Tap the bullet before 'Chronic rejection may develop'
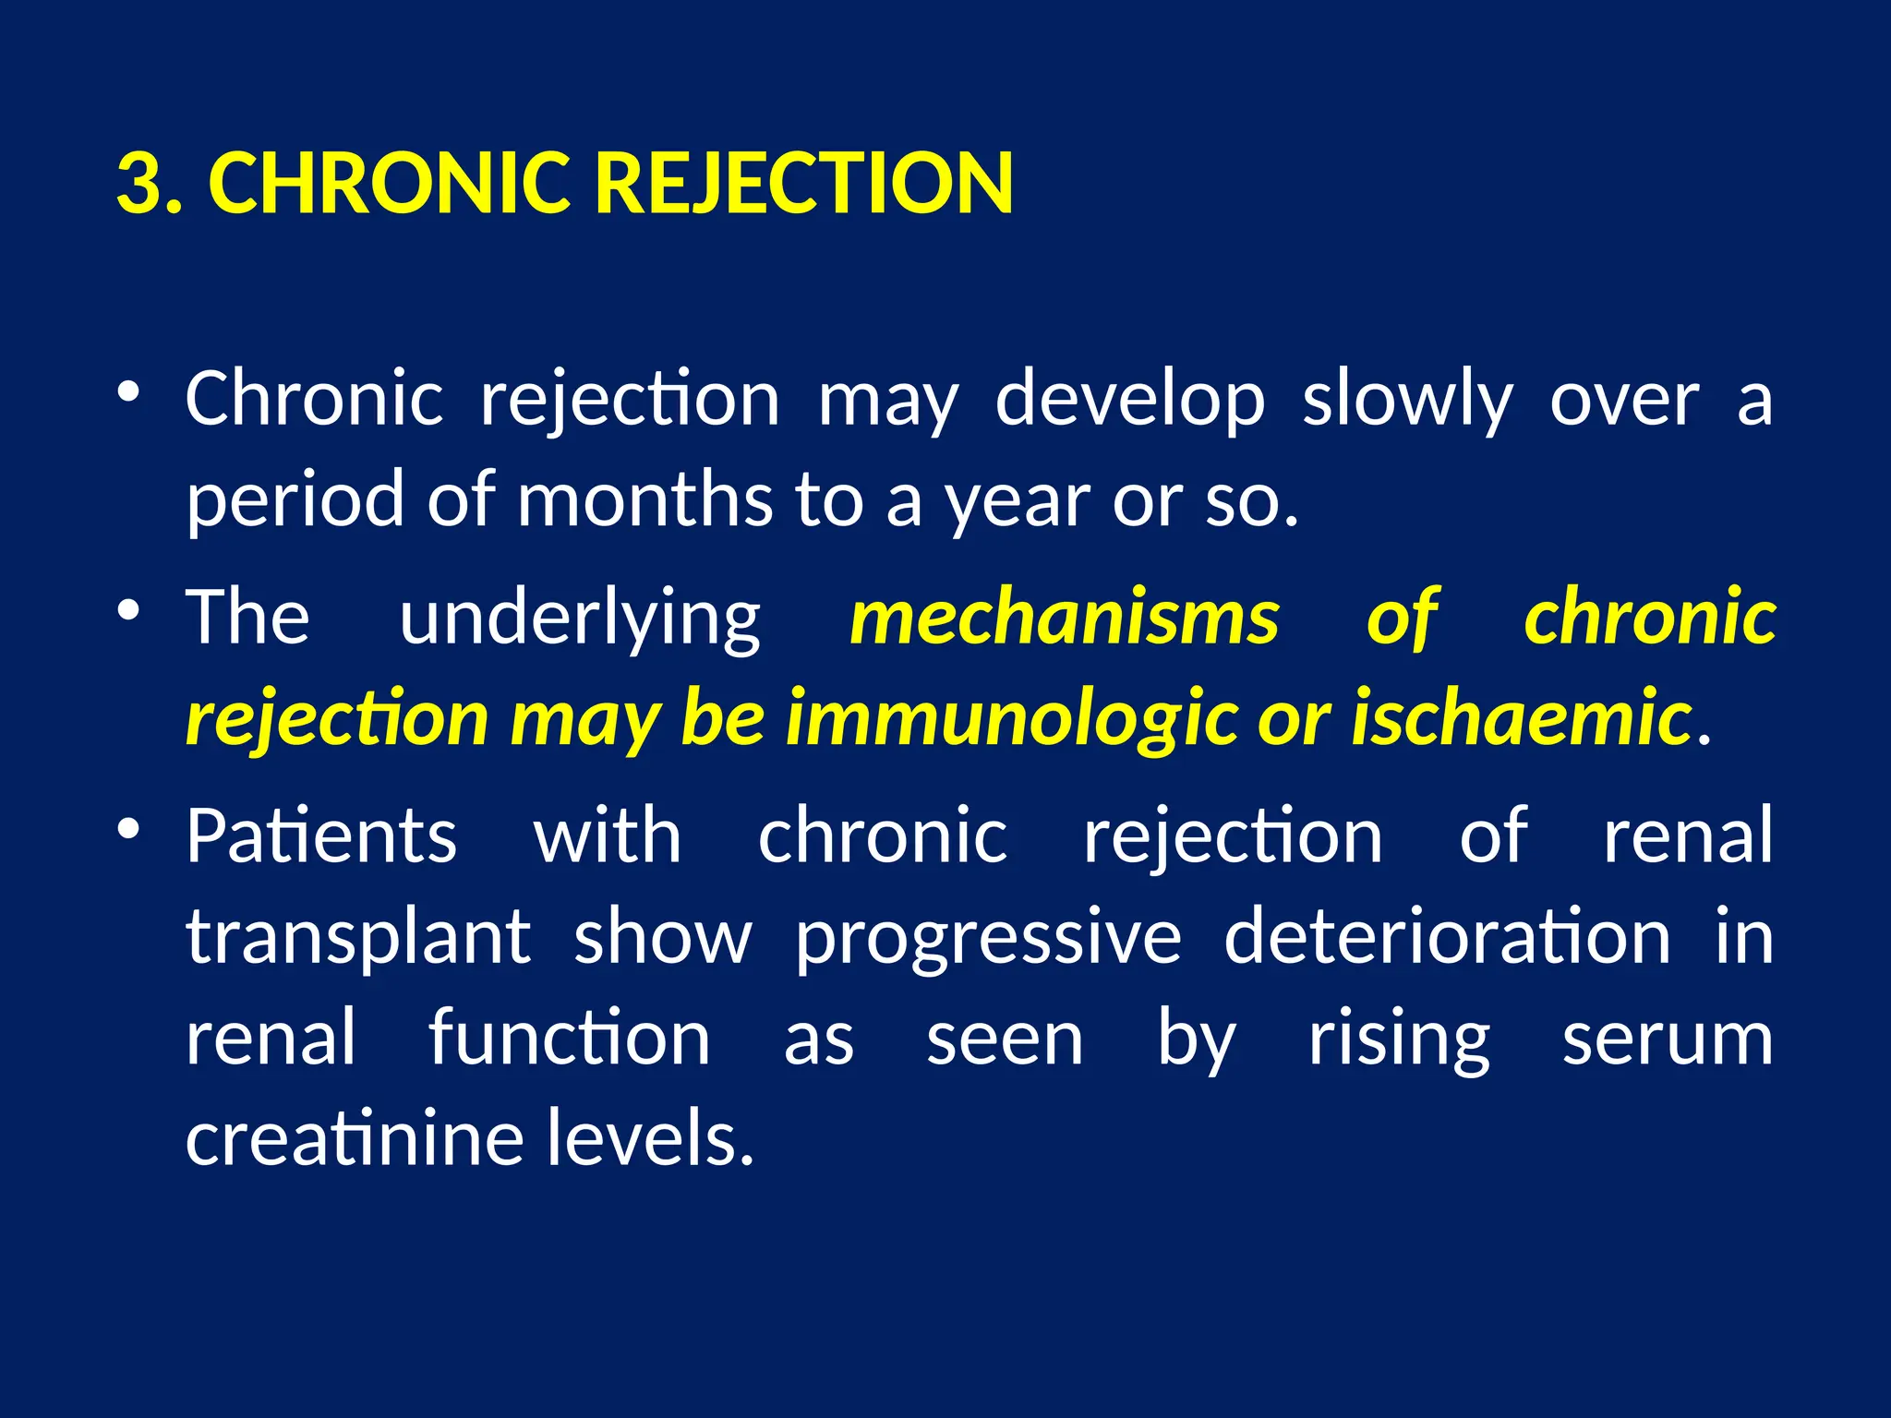pyautogui.click(x=128, y=391)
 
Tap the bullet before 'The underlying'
pyautogui.click(x=128, y=609)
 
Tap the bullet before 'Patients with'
pyautogui.click(x=128, y=828)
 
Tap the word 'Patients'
pyautogui.click(x=321, y=836)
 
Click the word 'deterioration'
pyautogui.click(x=1447, y=937)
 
